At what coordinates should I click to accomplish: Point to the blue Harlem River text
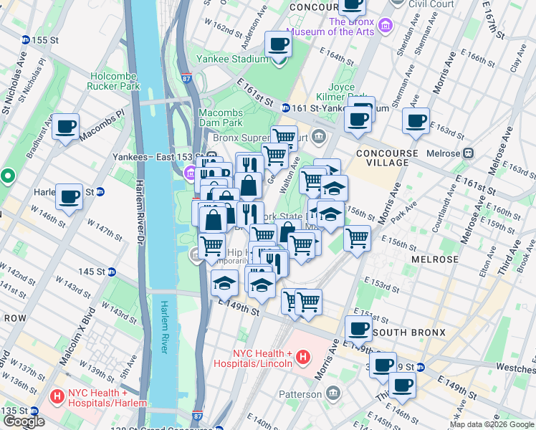click(163, 327)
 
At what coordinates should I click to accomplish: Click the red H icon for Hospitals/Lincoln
click(303, 356)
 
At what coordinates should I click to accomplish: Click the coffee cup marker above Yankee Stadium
click(278, 44)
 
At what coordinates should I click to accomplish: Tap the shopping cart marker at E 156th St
click(357, 237)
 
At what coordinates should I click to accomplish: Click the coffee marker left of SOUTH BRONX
click(358, 328)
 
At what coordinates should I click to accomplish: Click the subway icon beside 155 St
click(26, 40)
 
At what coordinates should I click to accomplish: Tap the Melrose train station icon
click(469, 153)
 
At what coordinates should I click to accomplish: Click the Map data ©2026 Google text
click(492, 424)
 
